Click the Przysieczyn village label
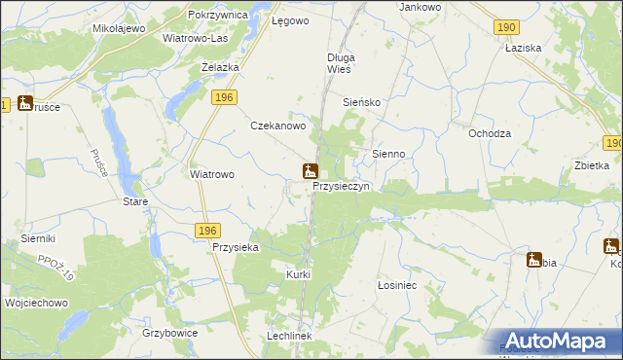(341, 188)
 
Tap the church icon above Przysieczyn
(310, 172)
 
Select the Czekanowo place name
(279, 126)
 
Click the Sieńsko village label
(367, 101)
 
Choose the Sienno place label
(396, 154)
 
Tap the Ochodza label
(490, 133)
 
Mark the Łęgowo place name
(290, 19)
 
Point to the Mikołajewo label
(119, 28)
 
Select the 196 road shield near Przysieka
(205, 230)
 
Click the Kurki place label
(298, 274)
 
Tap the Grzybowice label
(169, 332)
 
